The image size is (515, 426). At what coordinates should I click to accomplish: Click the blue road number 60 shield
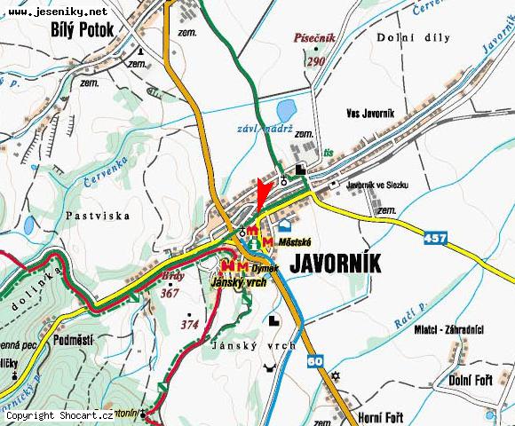314,361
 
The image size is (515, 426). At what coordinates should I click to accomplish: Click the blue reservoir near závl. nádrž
285,112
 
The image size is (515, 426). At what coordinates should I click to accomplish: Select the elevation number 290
315,61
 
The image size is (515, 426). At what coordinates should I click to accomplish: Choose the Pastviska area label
98,216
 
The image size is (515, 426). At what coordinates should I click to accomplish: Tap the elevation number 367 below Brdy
170,292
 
